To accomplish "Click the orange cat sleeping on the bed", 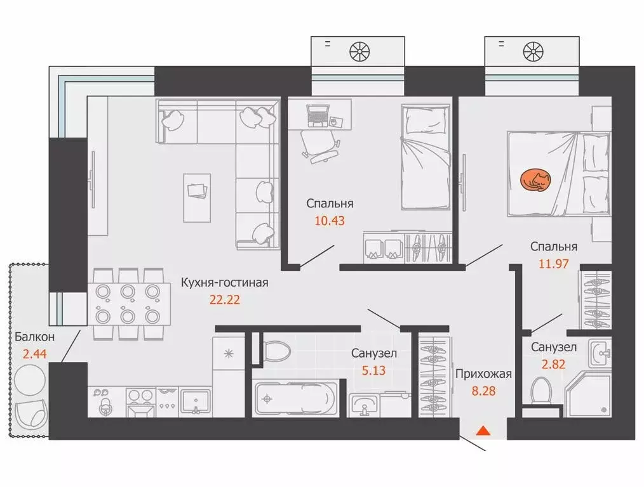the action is [x=535, y=180].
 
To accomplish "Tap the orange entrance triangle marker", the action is [x=483, y=431].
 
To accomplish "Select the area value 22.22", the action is [x=225, y=300].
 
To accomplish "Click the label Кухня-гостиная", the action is [x=225, y=282].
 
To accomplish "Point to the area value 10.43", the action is [x=330, y=221].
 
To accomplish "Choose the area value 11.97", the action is [x=553, y=264].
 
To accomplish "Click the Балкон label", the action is [x=34, y=337].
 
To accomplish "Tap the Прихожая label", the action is [x=483, y=374].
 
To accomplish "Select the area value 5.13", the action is [x=373, y=370].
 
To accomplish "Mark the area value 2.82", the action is [x=553, y=364].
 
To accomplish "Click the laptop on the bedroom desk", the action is [x=318, y=115].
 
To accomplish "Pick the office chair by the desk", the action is [x=320, y=146].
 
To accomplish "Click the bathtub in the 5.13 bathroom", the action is [x=297, y=398].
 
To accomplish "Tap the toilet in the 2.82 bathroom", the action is [x=541, y=391].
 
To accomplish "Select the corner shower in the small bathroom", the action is [x=587, y=394].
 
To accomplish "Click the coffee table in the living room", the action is [x=197, y=198].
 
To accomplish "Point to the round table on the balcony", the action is [x=30, y=379].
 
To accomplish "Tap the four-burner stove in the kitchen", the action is [x=141, y=402].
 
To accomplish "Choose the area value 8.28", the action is [x=483, y=391].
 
